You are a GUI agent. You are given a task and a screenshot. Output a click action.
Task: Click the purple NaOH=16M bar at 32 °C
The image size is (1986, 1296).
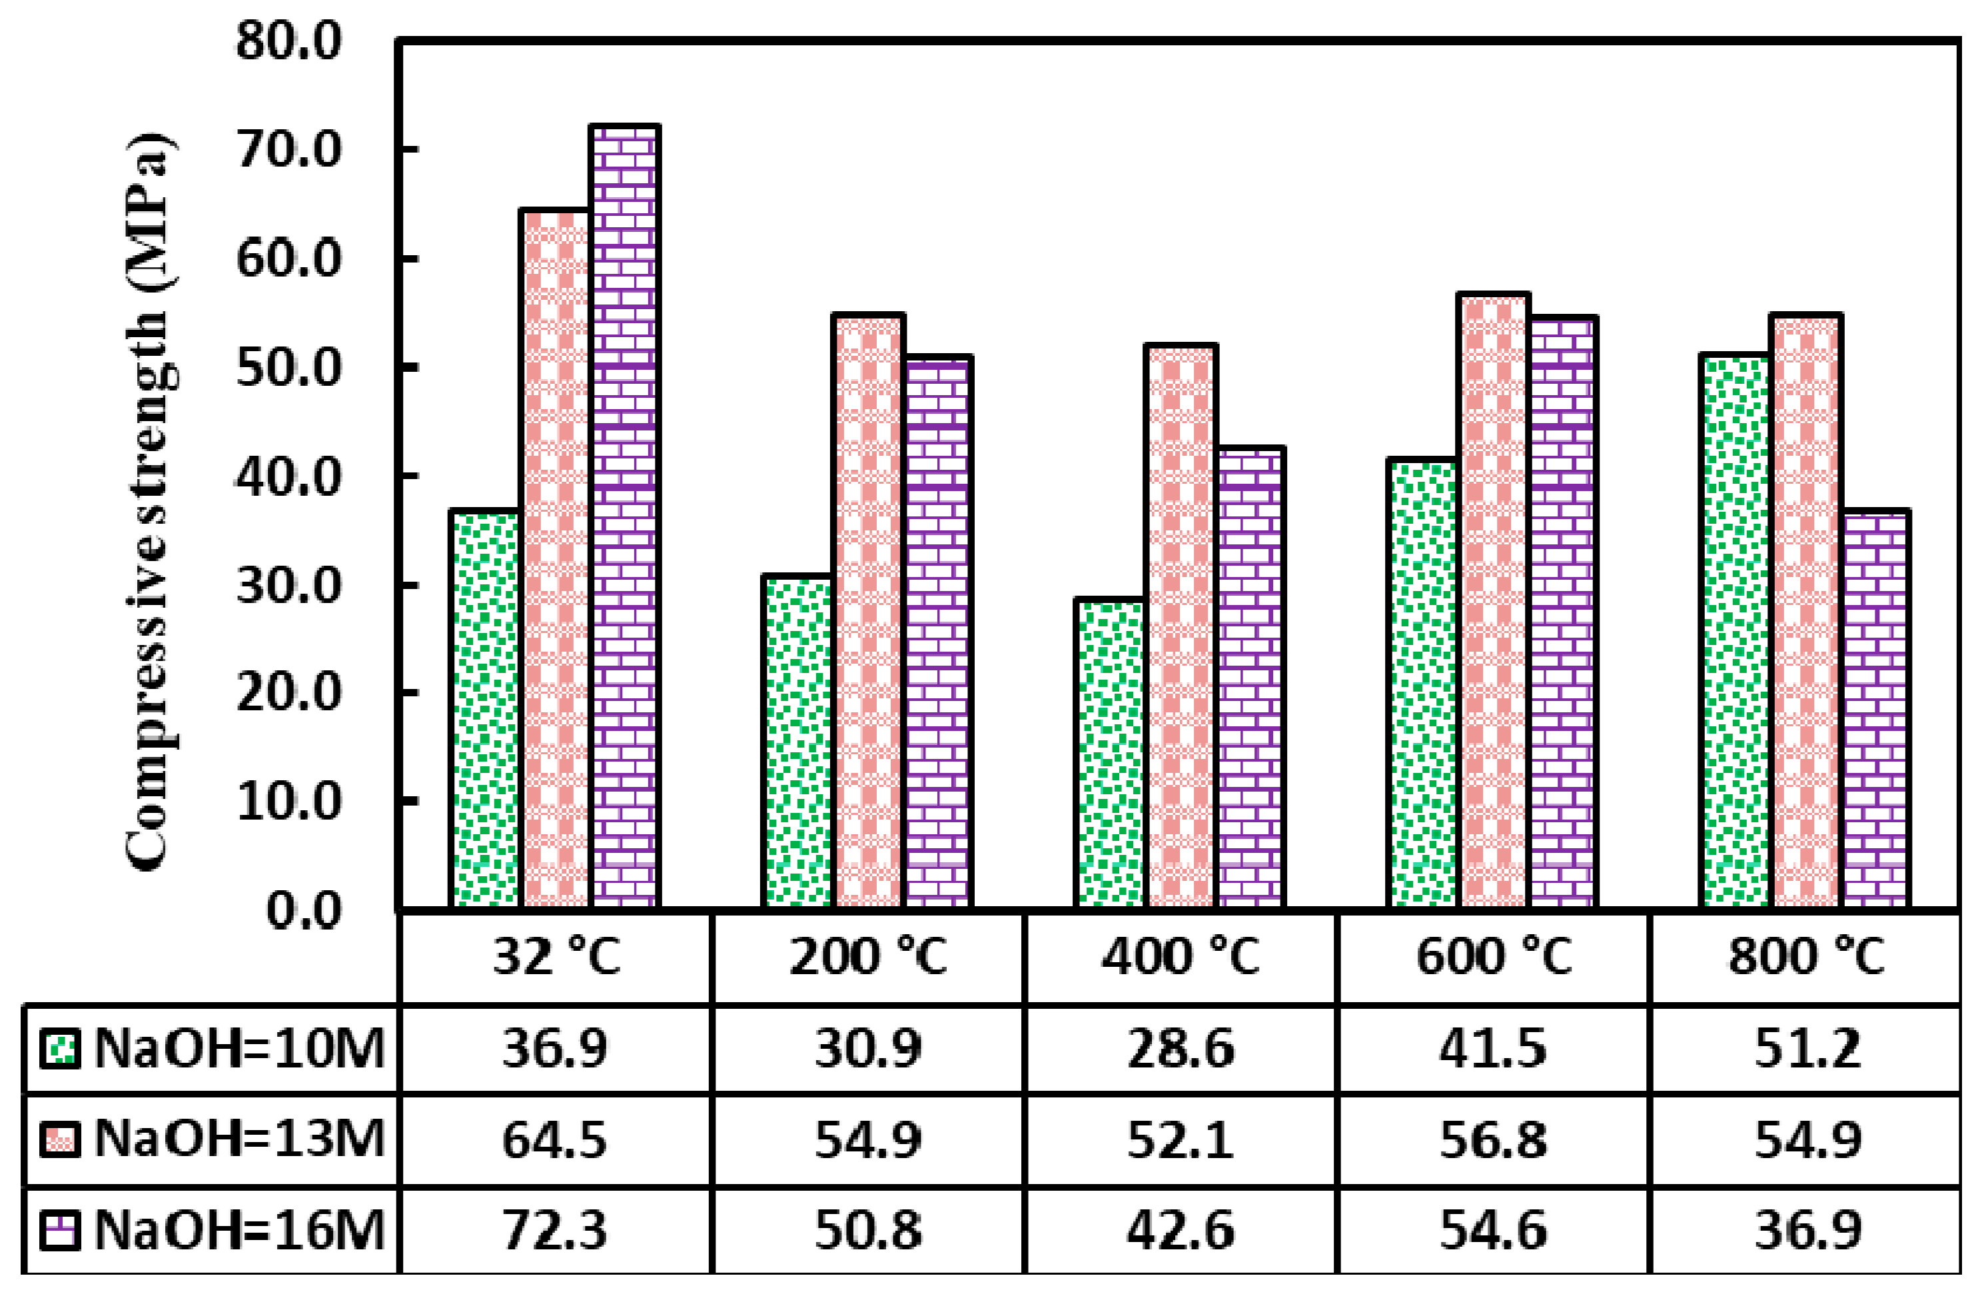click(x=624, y=517)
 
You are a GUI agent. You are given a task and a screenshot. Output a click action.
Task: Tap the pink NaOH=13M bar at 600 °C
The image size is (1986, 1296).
click(x=1494, y=601)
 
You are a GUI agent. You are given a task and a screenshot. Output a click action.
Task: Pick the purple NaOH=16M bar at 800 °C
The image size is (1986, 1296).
click(x=1874, y=710)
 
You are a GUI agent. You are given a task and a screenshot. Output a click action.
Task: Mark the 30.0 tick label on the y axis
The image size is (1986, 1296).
click(x=288, y=586)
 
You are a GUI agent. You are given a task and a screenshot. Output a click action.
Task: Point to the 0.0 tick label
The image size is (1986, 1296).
click(x=304, y=910)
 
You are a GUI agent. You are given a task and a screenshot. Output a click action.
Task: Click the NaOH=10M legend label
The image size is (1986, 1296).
click(x=239, y=1048)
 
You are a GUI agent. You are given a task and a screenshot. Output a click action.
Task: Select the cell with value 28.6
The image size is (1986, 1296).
click(x=1180, y=1048)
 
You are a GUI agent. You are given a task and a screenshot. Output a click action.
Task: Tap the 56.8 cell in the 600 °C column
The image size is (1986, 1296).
click(x=1492, y=1140)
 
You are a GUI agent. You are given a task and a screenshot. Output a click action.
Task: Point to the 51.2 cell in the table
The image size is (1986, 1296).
click(x=1805, y=1048)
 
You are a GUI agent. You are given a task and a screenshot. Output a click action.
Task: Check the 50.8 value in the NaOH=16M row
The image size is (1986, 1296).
click(x=868, y=1230)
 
